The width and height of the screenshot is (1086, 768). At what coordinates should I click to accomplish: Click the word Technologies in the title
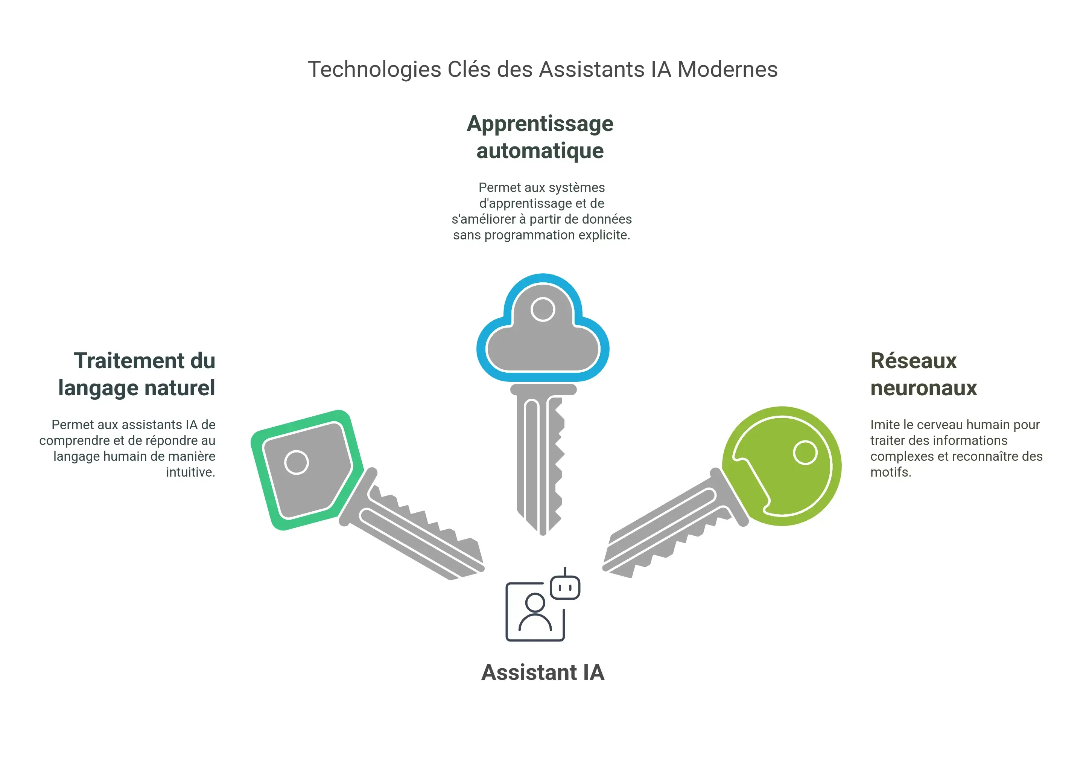pos(374,70)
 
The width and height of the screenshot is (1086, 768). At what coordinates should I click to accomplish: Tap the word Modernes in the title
pos(727,70)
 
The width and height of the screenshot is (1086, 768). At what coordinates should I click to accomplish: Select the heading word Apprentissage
pos(540,124)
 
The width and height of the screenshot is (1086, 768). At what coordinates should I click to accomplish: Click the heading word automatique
pos(540,151)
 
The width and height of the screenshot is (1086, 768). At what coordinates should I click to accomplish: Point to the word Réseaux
pos(913,361)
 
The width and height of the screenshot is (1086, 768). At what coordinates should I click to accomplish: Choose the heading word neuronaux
pos(923,388)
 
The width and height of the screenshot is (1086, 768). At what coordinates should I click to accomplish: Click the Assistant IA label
pos(543,672)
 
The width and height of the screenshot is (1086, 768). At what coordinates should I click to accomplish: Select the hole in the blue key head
pos(543,309)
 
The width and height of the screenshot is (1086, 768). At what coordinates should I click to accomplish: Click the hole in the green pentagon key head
pos(297,462)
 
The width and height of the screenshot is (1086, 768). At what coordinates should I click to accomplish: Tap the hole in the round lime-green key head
pos(805,453)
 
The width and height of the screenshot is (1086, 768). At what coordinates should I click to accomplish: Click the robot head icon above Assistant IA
pos(565,587)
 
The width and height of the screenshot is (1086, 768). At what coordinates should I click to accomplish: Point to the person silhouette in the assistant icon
pos(535,613)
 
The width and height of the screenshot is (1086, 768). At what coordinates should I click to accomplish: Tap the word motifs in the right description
pos(890,472)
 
